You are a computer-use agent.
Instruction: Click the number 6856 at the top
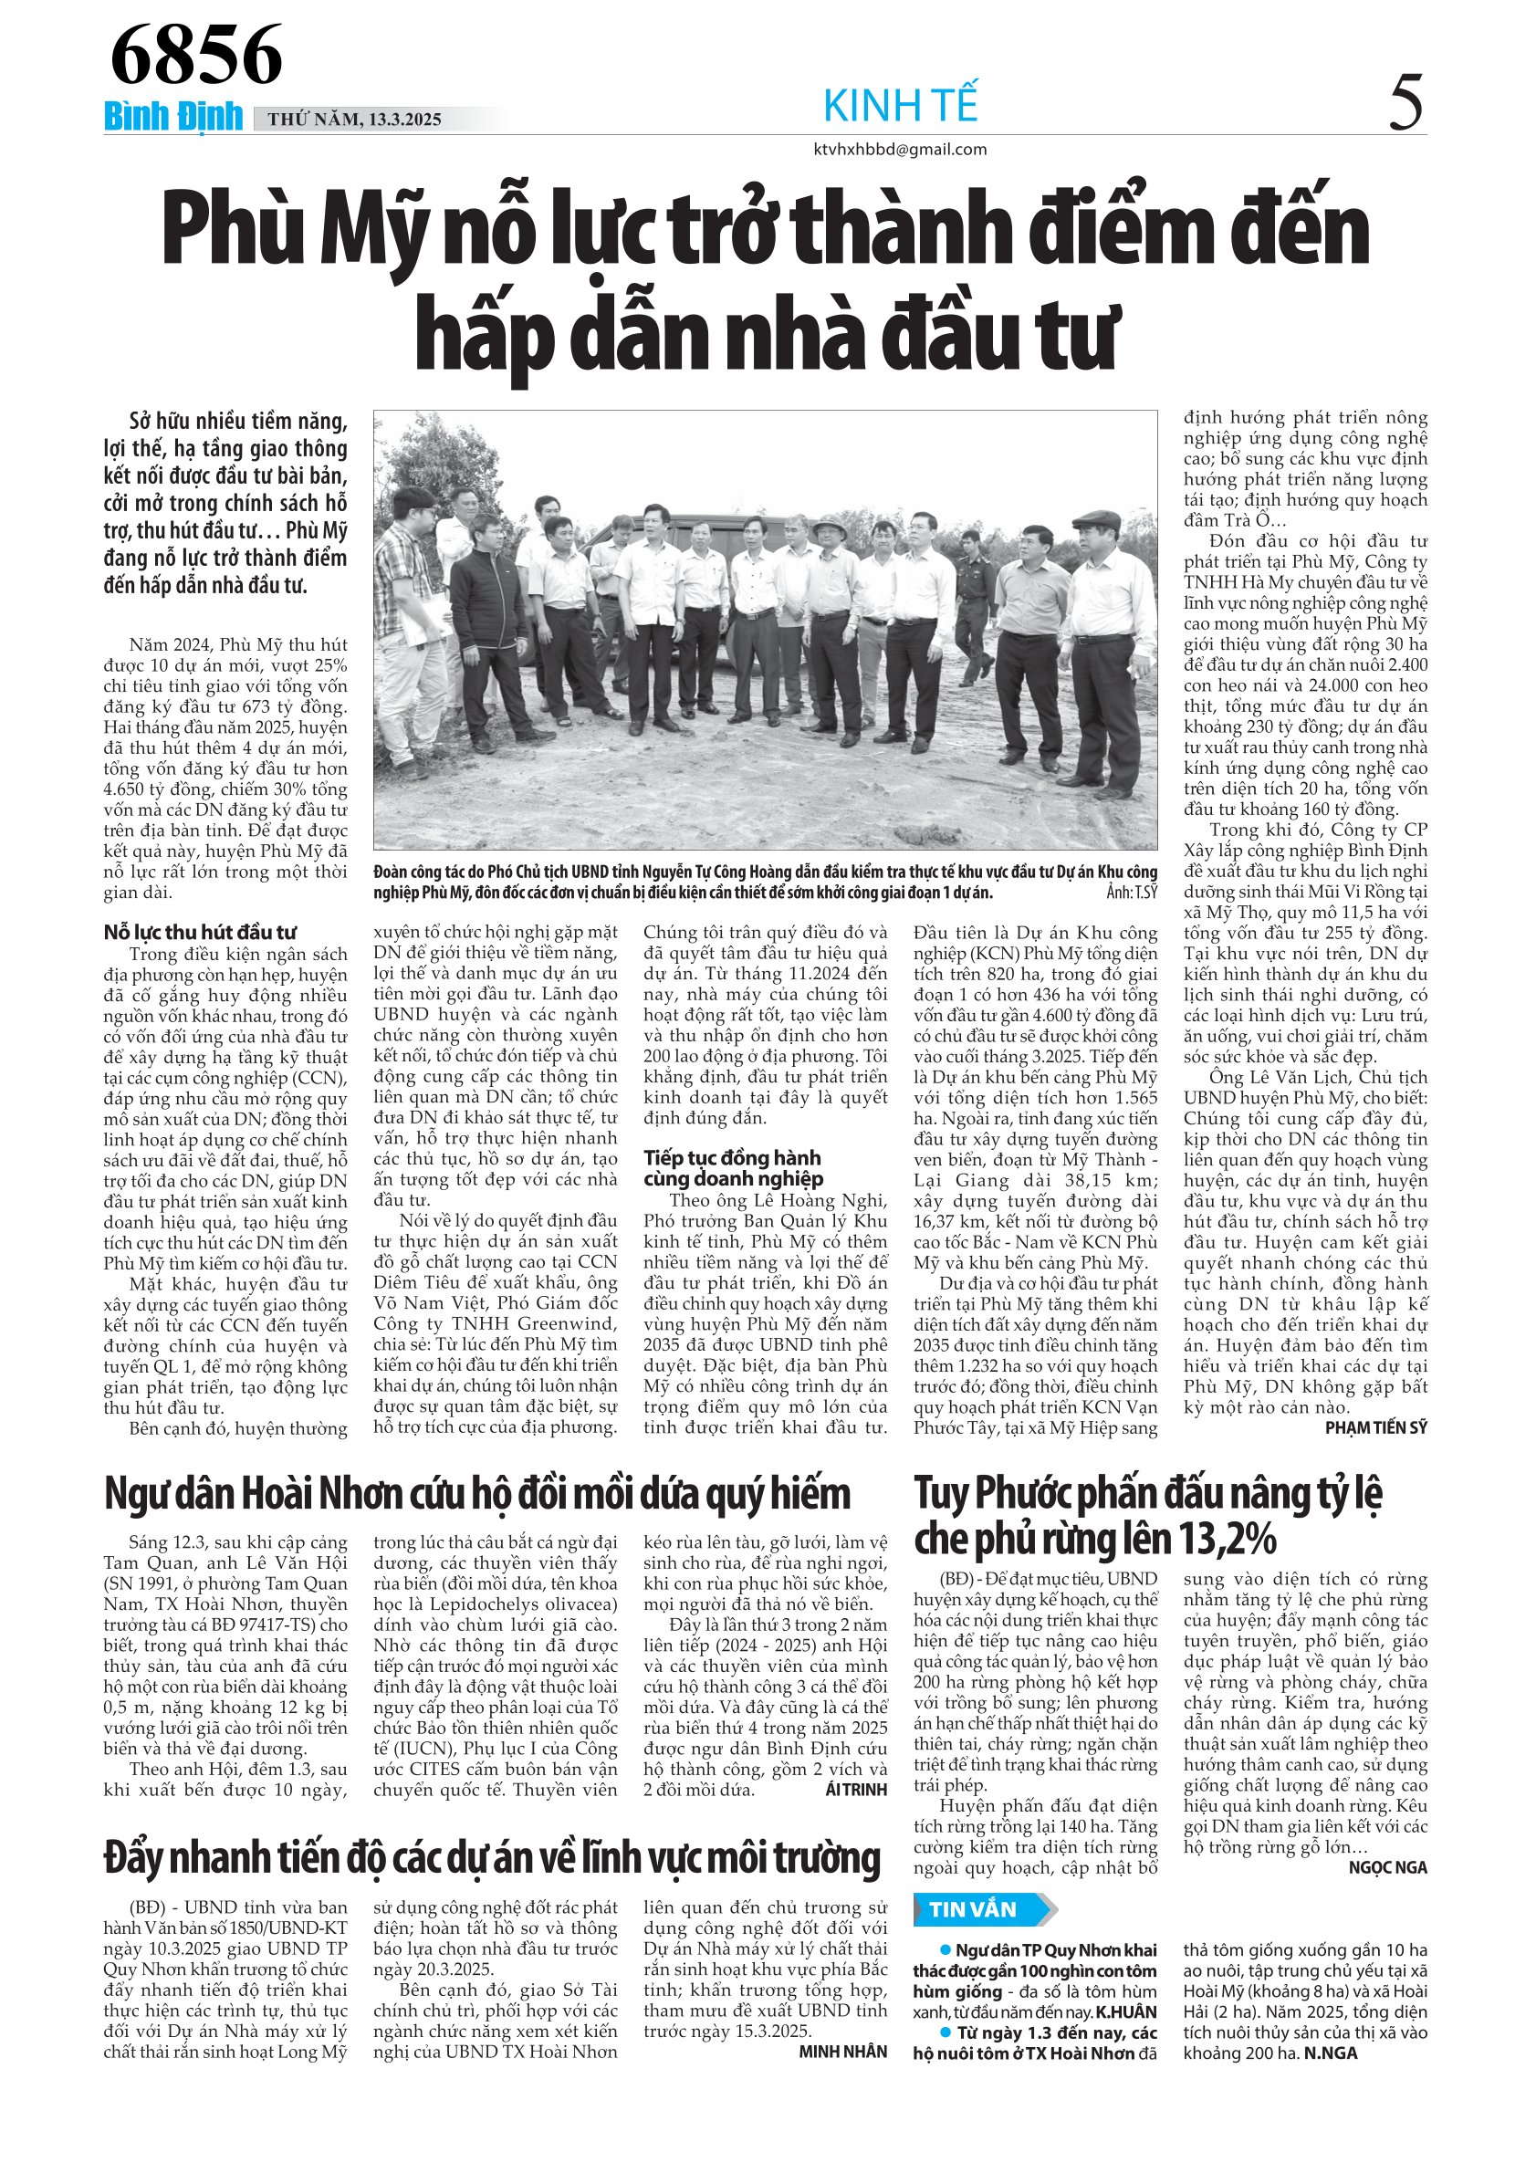[x=196, y=55]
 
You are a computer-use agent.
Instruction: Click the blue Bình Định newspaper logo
[x=173, y=117]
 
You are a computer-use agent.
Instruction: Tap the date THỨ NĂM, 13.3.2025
[x=354, y=120]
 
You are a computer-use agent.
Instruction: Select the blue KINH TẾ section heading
[x=900, y=105]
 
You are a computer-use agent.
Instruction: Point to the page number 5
[x=1405, y=103]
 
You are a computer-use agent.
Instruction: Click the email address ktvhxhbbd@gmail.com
[x=899, y=150]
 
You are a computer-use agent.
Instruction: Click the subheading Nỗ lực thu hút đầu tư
[x=200, y=932]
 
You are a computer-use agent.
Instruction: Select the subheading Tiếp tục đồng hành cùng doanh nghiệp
[x=733, y=1168]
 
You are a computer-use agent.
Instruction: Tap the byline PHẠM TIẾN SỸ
[x=1375, y=1428]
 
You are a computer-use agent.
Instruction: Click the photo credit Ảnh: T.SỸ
[x=1131, y=893]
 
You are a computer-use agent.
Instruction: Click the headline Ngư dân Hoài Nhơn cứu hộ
[x=477, y=1494]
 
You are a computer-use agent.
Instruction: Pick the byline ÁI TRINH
[x=855, y=1790]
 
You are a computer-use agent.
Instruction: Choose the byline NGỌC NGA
[x=1387, y=1867]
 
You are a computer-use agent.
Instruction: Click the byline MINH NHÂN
[x=842, y=2052]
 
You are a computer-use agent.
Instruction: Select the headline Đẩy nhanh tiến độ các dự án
[x=491, y=1858]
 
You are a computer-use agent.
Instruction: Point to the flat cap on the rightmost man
[x=1096, y=519]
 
